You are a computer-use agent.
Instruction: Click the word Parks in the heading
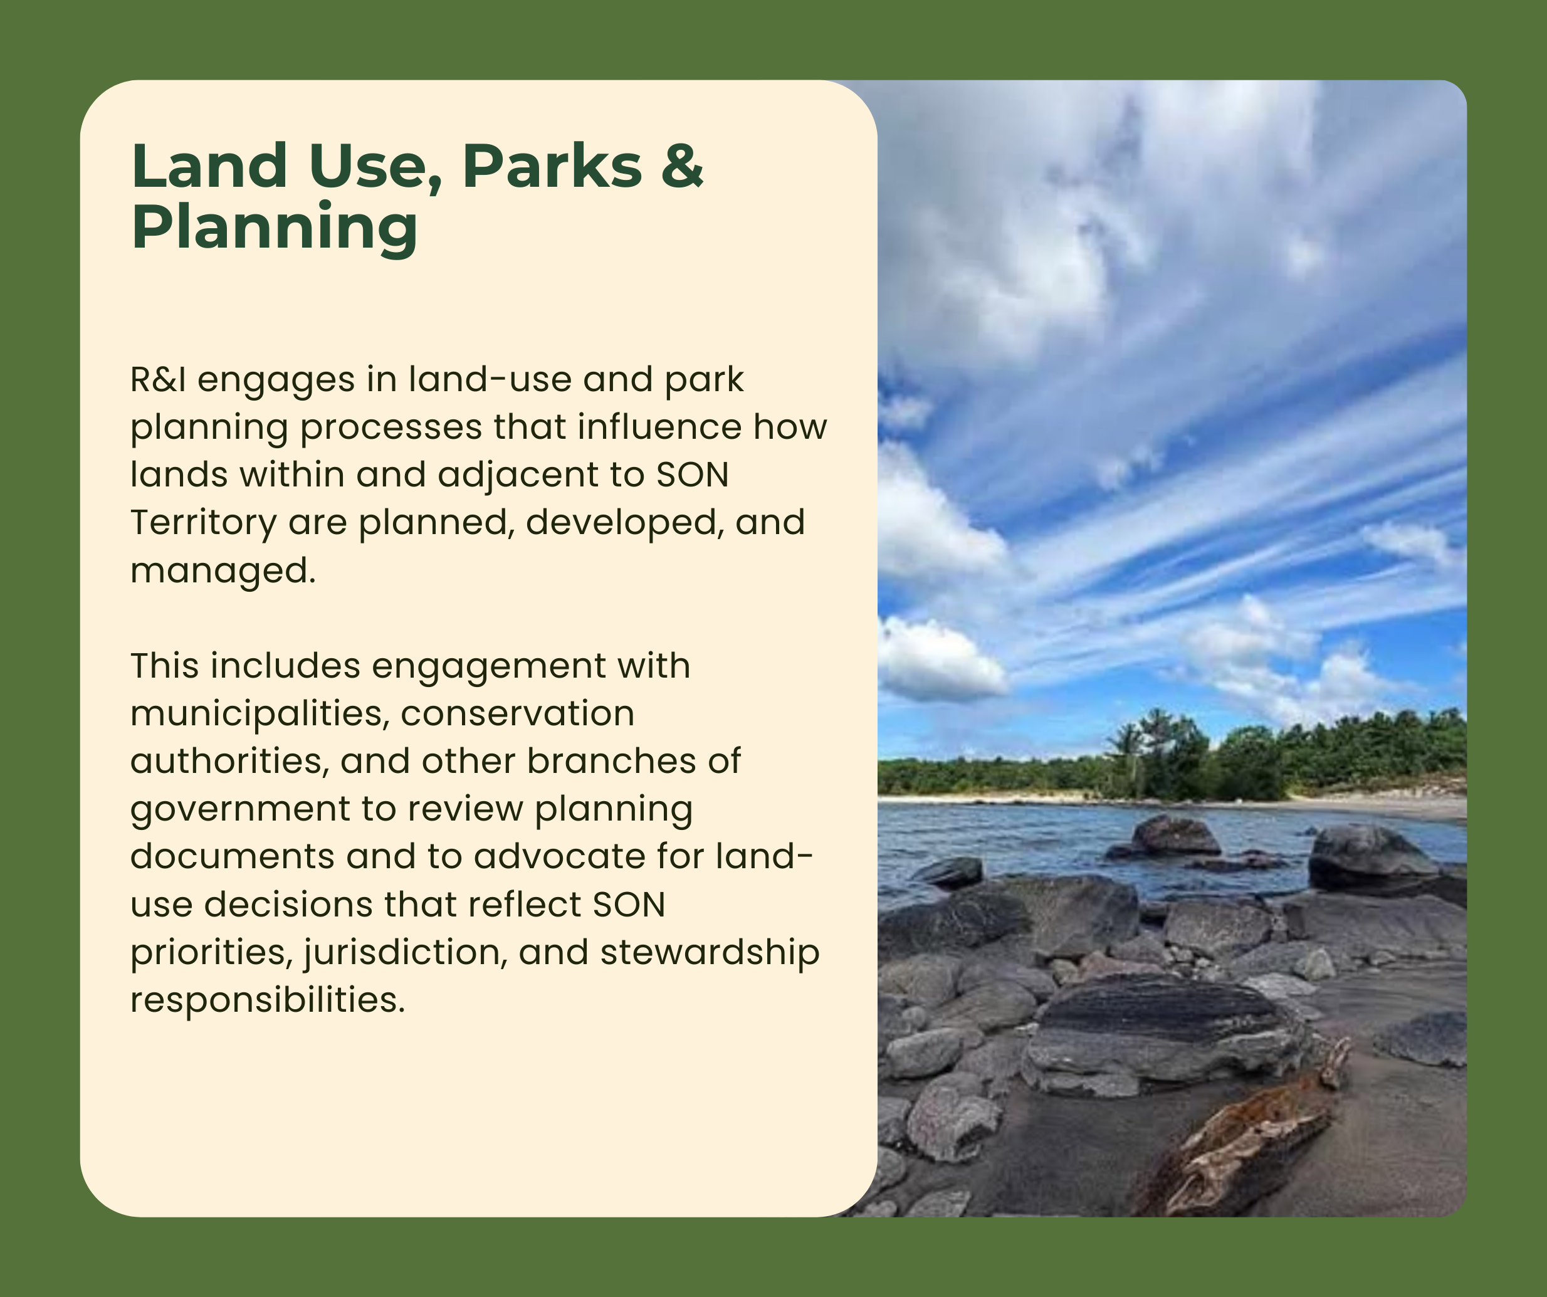point(552,166)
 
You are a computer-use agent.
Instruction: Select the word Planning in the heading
point(275,228)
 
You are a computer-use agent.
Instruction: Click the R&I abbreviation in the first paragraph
point(159,379)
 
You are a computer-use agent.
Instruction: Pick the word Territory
point(203,522)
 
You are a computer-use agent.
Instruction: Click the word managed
point(223,571)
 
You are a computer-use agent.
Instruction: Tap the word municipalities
point(260,714)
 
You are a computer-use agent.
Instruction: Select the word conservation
point(517,714)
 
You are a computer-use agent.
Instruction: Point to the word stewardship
point(710,953)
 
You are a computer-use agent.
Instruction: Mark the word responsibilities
point(268,1000)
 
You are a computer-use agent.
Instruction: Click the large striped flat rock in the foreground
point(1164,1032)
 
